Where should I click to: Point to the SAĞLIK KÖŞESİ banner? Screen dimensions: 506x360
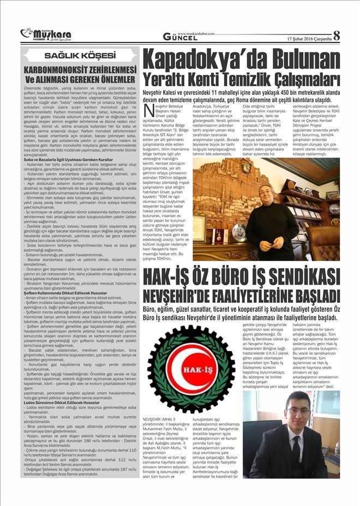(x=76, y=56)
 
